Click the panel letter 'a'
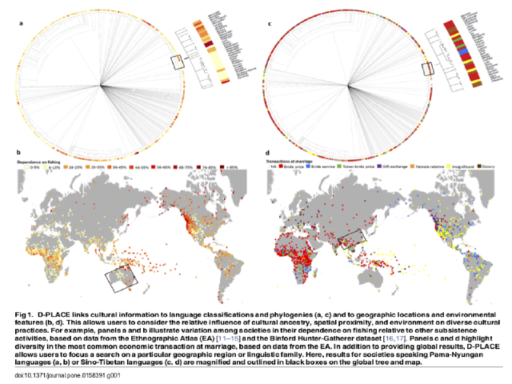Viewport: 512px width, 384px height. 22,24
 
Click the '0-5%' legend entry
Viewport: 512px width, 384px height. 35,168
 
